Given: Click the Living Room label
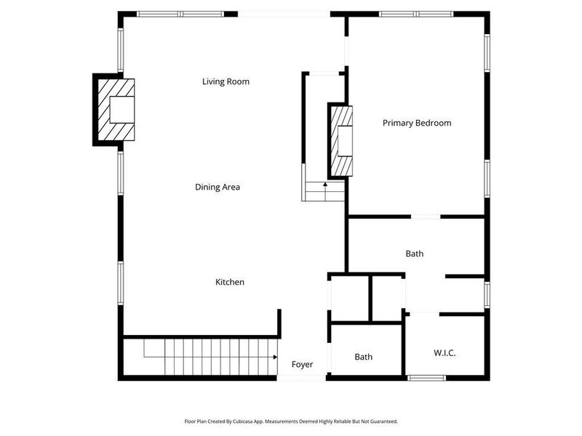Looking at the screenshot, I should coord(226,81).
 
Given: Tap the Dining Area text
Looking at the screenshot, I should coord(217,187).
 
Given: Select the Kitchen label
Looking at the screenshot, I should coord(229,282).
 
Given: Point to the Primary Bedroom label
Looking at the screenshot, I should coord(417,123).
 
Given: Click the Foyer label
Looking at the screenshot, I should coord(303,364).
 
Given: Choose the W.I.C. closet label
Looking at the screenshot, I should coord(445,352).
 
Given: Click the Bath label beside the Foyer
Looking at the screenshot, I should coord(364,357).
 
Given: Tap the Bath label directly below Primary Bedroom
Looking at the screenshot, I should coord(414,254).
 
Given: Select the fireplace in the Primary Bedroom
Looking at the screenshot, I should coord(342,141).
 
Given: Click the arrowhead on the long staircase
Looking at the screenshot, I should coord(275,358).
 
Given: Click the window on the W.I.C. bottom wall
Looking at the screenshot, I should coord(426,378).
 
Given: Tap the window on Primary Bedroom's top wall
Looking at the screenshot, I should coord(416,14).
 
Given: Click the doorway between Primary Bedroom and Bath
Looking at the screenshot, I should coord(425,216).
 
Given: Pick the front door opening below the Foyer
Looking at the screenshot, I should coord(302,378).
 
